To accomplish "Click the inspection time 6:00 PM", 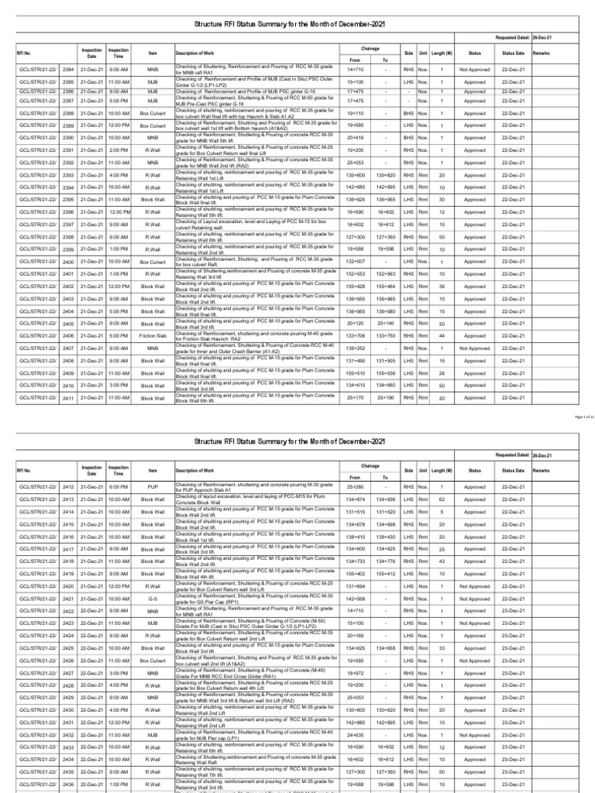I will pos(119,487).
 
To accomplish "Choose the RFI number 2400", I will pos(68,262).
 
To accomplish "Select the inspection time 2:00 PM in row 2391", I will pos(119,150).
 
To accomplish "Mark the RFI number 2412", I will pos(68,487).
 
